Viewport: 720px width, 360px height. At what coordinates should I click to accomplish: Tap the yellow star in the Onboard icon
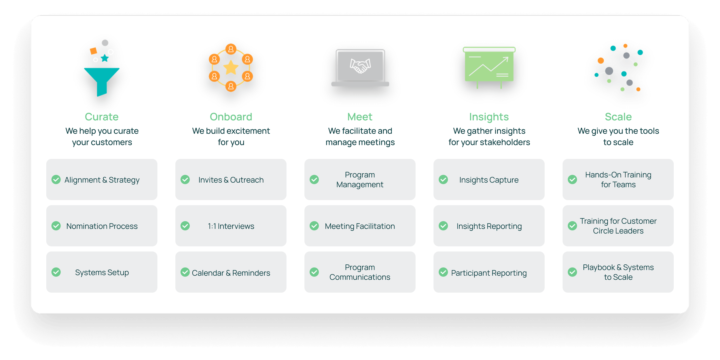click(231, 68)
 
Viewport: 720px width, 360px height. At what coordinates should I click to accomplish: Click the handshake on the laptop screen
click(360, 66)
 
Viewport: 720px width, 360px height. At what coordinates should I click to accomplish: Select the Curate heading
click(102, 117)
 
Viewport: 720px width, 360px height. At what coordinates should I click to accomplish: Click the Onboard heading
click(231, 117)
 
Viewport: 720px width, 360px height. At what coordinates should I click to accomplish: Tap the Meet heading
click(360, 117)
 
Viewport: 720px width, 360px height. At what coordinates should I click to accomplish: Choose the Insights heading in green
click(489, 117)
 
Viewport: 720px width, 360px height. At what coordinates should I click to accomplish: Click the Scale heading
click(618, 117)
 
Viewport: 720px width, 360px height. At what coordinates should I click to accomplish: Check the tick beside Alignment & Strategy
click(56, 179)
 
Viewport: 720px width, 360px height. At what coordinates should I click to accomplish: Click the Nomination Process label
click(102, 226)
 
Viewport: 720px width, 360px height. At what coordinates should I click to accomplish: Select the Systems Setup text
click(102, 272)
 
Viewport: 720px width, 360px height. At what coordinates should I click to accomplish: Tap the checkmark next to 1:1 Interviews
click(185, 226)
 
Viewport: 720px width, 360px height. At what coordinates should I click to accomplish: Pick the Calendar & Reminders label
click(231, 273)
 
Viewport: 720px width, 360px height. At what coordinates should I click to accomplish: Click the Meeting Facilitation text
click(360, 226)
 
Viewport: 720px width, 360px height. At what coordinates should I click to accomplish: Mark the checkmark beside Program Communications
click(314, 272)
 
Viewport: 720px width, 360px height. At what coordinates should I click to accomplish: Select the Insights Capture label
click(489, 180)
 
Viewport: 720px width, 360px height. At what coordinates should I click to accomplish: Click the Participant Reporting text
click(489, 273)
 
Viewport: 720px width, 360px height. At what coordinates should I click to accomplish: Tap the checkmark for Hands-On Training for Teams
click(572, 179)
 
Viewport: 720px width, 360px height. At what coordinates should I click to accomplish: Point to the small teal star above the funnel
click(105, 58)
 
